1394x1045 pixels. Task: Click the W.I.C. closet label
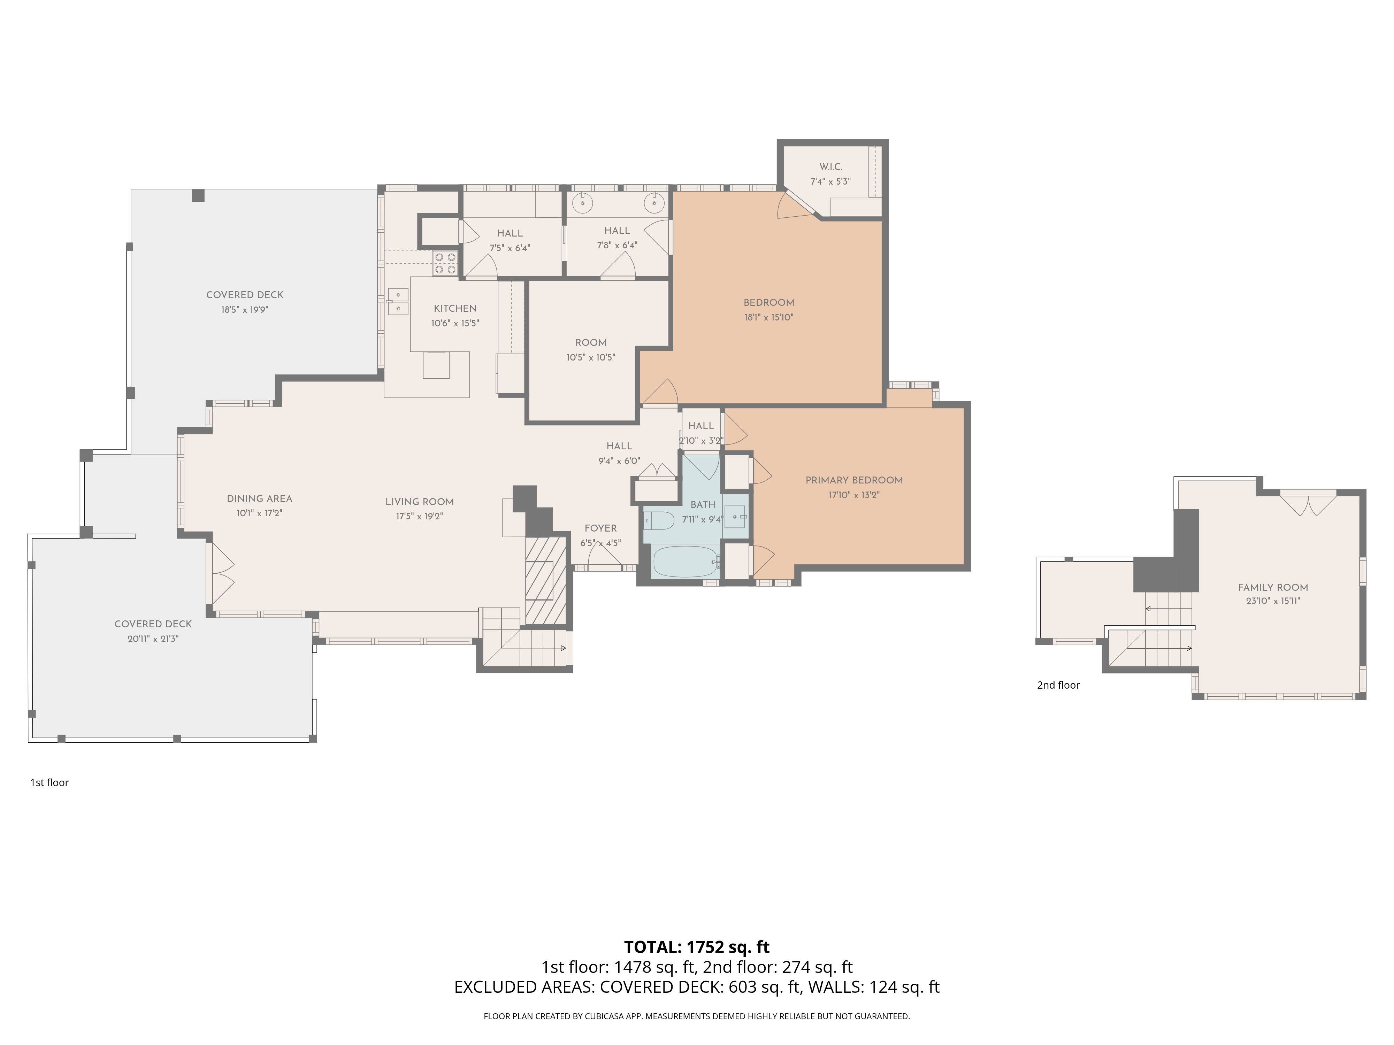[830, 167]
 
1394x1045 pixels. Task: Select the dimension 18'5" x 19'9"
[245, 310]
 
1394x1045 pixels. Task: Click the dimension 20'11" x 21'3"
[153, 639]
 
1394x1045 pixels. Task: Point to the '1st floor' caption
[49, 782]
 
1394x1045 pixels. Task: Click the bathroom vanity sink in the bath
[735, 517]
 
